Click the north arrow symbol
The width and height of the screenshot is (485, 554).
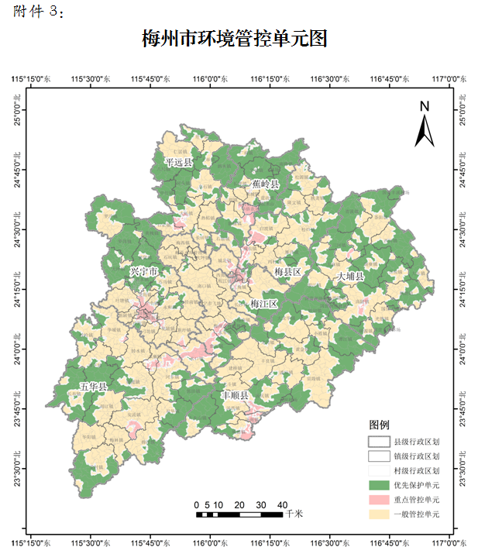[x=424, y=124]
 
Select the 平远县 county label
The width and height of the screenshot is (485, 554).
[x=178, y=162]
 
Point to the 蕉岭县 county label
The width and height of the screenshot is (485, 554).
[x=265, y=184]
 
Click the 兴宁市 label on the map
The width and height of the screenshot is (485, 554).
[x=144, y=272]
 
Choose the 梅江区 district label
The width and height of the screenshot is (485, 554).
[x=263, y=304]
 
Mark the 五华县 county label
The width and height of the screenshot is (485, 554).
[x=94, y=385]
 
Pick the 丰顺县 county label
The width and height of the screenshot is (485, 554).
[x=235, y=395]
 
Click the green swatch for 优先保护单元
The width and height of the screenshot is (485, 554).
[x=378, y=484]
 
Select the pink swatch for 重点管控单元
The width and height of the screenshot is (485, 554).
[x=378, y=499]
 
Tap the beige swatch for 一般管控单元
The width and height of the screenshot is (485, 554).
[x=378, y=514]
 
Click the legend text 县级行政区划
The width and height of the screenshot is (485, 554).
[x=417, y=441]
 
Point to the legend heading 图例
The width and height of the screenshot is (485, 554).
[x=380, y=425]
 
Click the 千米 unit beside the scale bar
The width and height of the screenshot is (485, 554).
[x=294, y=513]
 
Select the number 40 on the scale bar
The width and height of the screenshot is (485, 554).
[x=282, y=504]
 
